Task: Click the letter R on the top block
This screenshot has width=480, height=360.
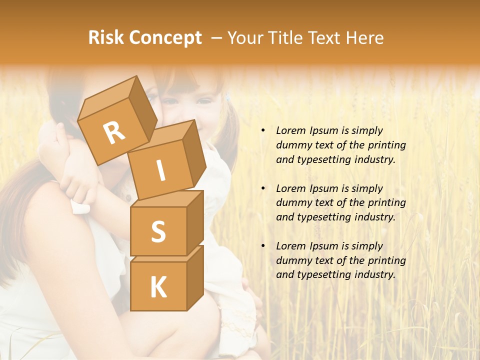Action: (x=114, y=132)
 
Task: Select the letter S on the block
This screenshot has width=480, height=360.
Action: (x=158, y=231)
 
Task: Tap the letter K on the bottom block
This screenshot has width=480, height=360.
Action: (x=158, y=287)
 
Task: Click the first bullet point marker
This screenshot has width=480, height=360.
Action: (x=263, y=131)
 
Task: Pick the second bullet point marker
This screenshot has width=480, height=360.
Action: (x=263, y=188)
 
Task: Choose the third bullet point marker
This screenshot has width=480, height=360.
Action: (x=263, y=246)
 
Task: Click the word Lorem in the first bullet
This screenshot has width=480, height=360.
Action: (x=290, y=130)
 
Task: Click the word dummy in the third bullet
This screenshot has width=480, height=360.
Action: (x=292, y=260)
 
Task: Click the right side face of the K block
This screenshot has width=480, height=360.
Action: (x=195, y=277)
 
